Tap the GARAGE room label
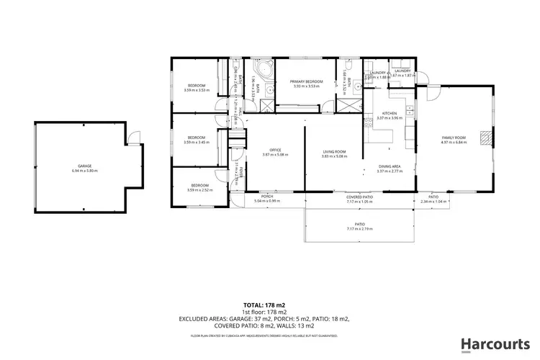(84, 166)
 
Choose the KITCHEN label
(390, 114)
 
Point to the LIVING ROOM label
(335, 151)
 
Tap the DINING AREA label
(390, 167)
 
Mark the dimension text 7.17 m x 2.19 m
(359, 229)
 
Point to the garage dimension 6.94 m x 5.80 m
(84, 171)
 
